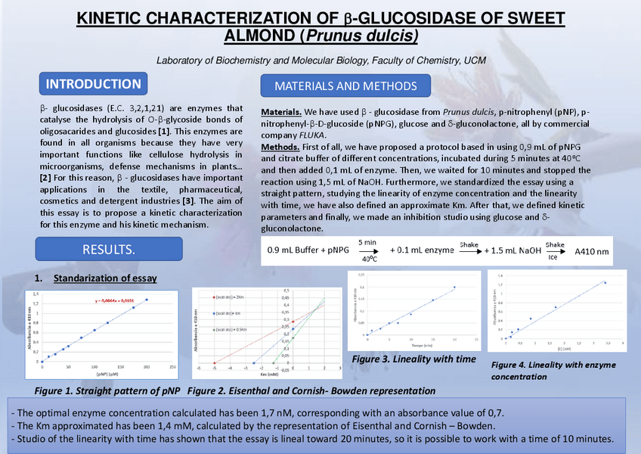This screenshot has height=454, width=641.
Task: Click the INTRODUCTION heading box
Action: pos(94,84)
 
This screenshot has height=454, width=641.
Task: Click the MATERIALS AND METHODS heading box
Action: pos(345,86)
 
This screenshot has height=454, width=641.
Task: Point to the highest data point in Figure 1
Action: pos(147,300)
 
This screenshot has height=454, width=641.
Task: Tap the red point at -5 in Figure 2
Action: pos(215,362)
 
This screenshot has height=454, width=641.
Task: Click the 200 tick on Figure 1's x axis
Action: pos(147,368)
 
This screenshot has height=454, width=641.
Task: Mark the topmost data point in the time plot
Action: pos(454,287)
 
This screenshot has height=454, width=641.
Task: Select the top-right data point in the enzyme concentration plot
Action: pos(605,283)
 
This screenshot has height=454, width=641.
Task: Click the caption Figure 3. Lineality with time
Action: pos(413,358)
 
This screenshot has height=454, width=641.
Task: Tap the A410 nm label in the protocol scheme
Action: pos(591,251)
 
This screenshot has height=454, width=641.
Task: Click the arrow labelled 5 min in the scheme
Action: pos(367,250)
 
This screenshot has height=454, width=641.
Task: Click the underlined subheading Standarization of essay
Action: pos(105,278)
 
